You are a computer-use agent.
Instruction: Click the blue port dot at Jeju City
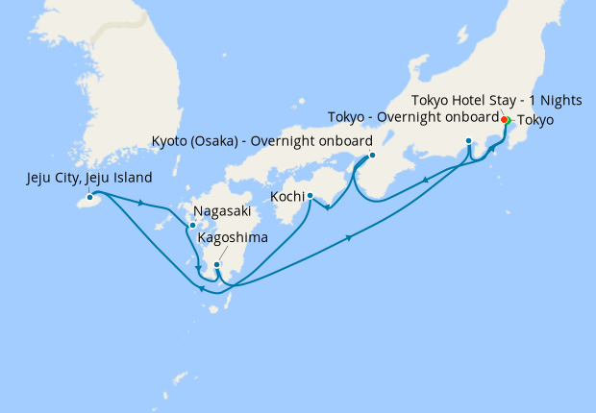pos(91,199)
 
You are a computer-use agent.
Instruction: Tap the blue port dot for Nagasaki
pos(193,226)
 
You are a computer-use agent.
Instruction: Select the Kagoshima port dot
pos(217,264)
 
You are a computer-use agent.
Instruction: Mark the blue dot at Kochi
pos(310,196)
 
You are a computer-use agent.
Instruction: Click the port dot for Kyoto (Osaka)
pos(372,156)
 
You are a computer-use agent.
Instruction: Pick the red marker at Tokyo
pos(505,120)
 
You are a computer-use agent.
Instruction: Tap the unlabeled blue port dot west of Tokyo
pos(468,141)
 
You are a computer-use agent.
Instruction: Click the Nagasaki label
pos(223,211)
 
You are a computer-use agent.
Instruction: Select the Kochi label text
pos(289,196)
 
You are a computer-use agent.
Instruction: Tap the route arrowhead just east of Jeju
pos(142,203)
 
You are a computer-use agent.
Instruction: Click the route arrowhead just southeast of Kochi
pos(328,208)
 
